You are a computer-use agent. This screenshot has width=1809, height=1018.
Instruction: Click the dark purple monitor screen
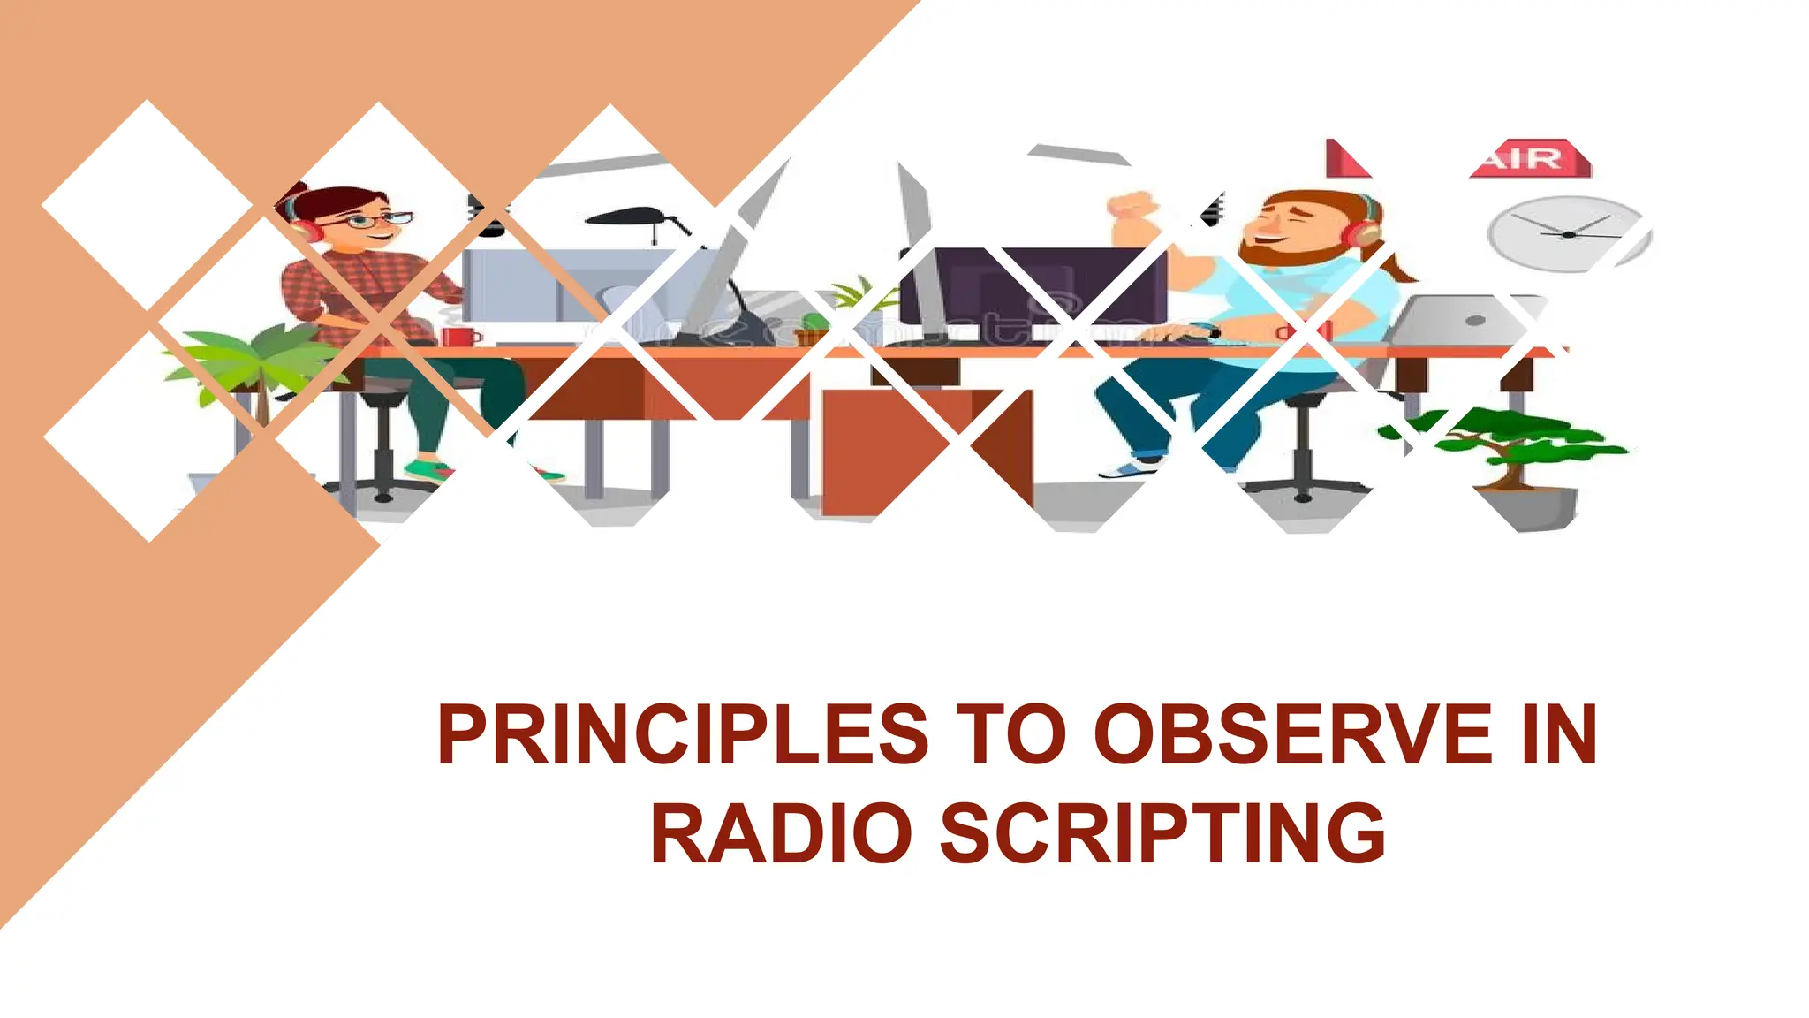pos(1042,287)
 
